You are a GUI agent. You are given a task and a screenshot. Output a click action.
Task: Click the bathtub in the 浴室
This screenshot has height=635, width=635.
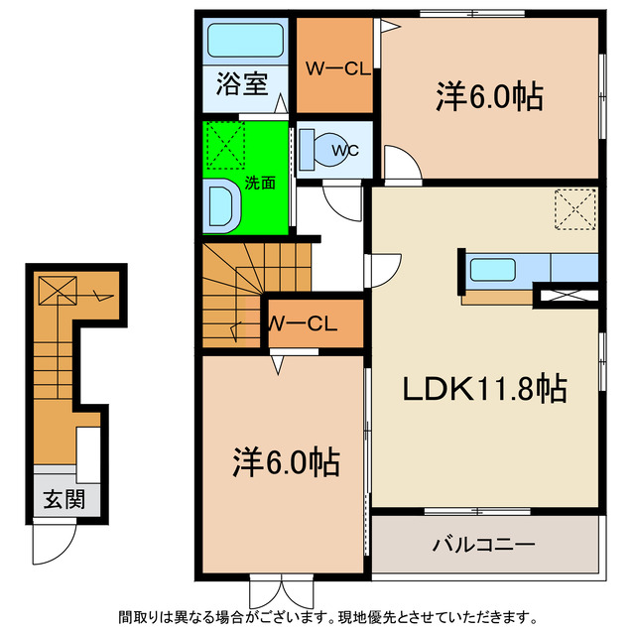coord(245,42)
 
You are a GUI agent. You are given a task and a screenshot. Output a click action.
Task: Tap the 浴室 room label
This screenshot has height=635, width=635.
coord(241,84)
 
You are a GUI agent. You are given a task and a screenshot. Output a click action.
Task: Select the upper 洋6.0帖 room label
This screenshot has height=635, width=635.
coord(488,96)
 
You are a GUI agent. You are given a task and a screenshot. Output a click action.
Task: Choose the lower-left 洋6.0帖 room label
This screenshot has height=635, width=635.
coord(287,460)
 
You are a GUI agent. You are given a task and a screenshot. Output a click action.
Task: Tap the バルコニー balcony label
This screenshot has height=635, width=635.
coord(483,545)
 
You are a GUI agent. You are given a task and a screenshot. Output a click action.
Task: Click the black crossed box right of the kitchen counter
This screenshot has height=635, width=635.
coord(568,294)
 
